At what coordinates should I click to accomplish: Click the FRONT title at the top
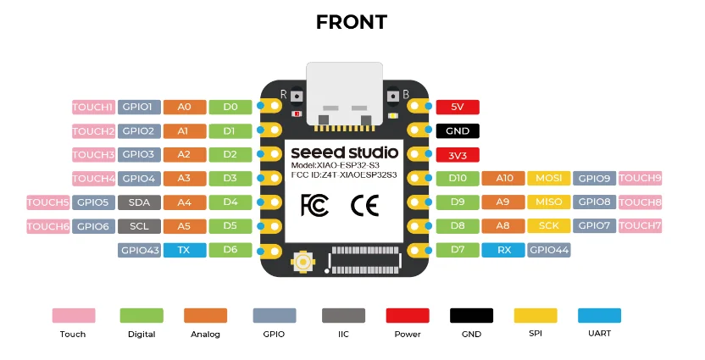pos(352,22)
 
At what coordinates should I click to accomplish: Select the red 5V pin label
pos(458,107)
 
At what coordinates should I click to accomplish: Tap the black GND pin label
pos(458,130)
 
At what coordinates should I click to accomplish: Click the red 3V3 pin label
pos(458,155)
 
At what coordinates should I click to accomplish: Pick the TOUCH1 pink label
pos(93,107)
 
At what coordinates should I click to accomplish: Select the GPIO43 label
pos(139,250)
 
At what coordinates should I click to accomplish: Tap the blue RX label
pos(503,250)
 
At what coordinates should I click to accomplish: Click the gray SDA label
pos(139,202)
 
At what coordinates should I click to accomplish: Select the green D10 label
pos(458,179)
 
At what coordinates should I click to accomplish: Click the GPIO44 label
pos(549,250)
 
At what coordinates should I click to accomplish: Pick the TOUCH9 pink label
pos(641,179)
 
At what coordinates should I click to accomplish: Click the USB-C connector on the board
pos(343,93)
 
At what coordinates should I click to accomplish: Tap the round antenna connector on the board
pos(302,263)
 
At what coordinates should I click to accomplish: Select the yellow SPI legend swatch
pos(536,315)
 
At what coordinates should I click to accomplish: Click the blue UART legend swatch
pos(599,315)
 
